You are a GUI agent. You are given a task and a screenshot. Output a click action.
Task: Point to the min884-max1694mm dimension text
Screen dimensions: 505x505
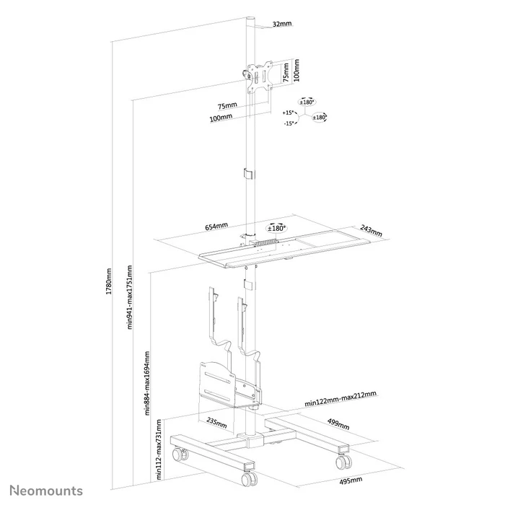point(146,383)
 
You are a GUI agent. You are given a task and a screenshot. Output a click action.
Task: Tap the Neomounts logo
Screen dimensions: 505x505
point(46,491)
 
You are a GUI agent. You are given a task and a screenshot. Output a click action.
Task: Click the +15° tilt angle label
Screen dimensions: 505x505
point(289,113)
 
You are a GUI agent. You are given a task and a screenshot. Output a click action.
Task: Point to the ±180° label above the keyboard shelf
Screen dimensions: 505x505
point(275,226)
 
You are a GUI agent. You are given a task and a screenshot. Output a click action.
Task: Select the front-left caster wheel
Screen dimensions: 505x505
point(180,455)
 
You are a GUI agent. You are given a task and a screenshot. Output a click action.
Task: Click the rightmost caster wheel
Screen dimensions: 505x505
point(345,460)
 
